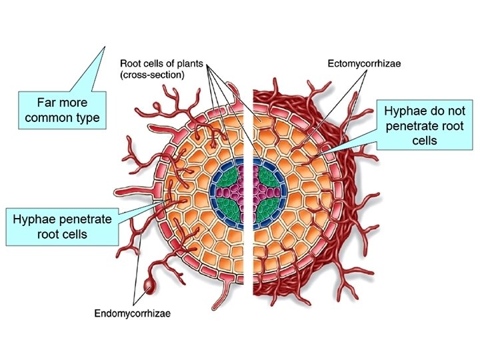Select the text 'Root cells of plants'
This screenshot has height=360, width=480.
[160, 65]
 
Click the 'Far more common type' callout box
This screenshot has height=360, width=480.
[61, 110]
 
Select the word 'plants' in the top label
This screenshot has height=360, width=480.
[189, 65]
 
